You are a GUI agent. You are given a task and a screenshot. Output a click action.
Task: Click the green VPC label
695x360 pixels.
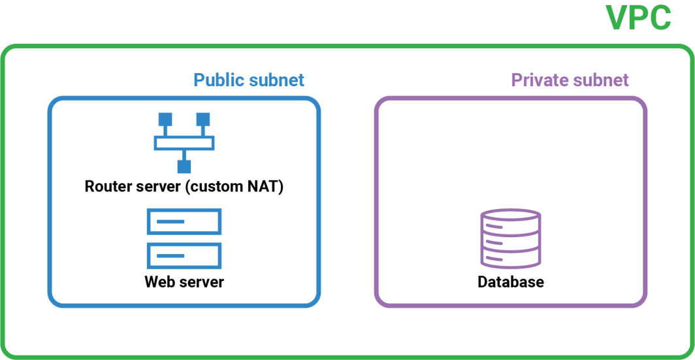pos(638,18)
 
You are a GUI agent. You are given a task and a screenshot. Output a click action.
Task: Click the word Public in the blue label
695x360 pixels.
pos(220,80)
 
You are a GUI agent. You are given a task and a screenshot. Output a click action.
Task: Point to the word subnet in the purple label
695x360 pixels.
pos(600,80)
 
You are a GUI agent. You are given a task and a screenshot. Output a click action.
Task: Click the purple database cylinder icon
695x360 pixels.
pos(511,238)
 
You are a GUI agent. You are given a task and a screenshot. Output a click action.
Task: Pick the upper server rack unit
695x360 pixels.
pos(184,221)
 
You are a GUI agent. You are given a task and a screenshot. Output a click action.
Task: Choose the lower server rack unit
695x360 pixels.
pos(184,255)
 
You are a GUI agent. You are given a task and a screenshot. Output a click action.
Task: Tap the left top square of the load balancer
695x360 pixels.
pos(165,120)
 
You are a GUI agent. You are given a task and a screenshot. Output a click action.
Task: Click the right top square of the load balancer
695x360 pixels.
pos(203,120)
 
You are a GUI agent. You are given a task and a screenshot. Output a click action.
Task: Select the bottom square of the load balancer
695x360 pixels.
pos(184,167)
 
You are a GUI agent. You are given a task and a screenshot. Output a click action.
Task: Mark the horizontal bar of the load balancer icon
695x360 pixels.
pos(184,143)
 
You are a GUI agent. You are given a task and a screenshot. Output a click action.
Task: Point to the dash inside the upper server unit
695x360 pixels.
pos(170,221)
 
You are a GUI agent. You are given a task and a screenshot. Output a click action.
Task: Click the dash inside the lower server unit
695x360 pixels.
pos(170,255)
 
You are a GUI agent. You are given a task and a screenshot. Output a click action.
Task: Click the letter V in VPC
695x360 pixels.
pos(617,18)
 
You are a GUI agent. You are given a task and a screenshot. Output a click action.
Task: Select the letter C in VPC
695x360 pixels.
pos(658,18)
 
